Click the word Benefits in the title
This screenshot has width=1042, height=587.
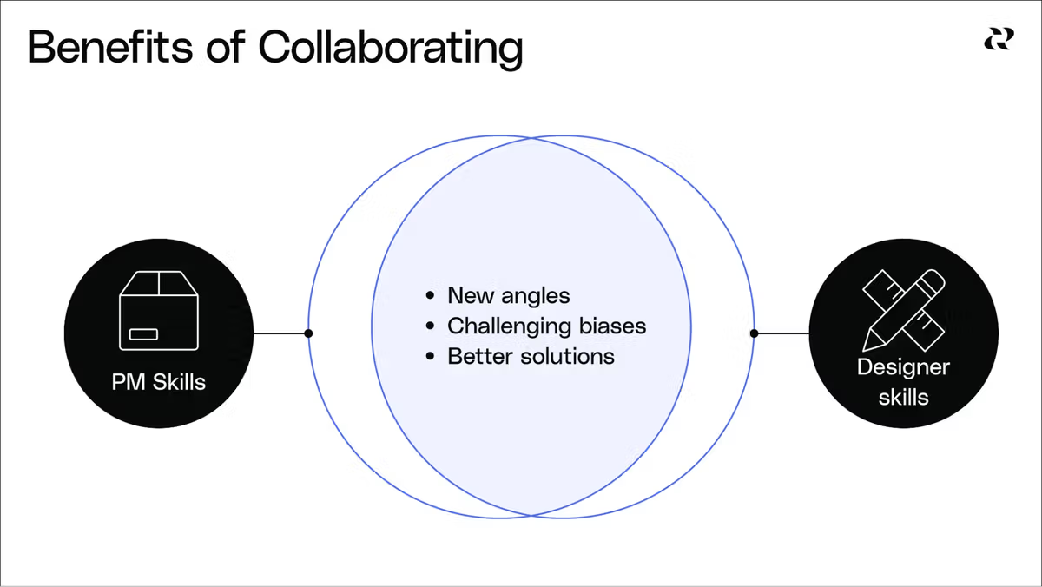click(97, 48)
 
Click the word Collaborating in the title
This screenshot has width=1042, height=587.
click(391, 48)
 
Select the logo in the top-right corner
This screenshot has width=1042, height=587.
click(998, 39)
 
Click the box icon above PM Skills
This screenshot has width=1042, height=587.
click(159, 311)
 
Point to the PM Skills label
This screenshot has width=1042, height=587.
click(159, 382)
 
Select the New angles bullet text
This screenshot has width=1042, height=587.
click(508, 295)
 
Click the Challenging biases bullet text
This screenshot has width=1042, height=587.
click(546, 326)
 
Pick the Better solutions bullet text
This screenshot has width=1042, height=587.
click(531, 356)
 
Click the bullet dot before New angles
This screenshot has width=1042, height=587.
click(431, 296)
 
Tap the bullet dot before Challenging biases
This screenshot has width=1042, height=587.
click(431, 326)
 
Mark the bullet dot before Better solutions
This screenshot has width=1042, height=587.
click(431, 357)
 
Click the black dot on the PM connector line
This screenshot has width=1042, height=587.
click(308, 333)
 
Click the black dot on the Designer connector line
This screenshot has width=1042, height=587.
click(754, 333)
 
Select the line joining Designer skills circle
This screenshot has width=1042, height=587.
click(781, 333)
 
